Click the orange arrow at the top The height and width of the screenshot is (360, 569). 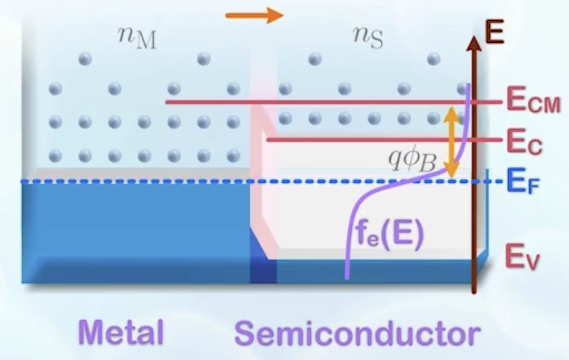(253, 15)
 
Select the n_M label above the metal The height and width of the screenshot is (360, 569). (137, 37)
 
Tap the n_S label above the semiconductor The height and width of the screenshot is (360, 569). (368, 37)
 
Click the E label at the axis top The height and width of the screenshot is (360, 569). (495, 33)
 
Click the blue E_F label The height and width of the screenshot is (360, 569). (523, 181)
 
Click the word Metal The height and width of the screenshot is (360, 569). (120, 333)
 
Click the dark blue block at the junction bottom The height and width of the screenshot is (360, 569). (263, 271)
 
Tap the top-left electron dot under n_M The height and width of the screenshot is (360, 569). (84, 59)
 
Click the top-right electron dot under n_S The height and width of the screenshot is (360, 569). (433, 59)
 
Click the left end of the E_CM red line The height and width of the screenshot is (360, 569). (167, 102)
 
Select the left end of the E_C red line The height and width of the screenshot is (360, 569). (268, 140)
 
